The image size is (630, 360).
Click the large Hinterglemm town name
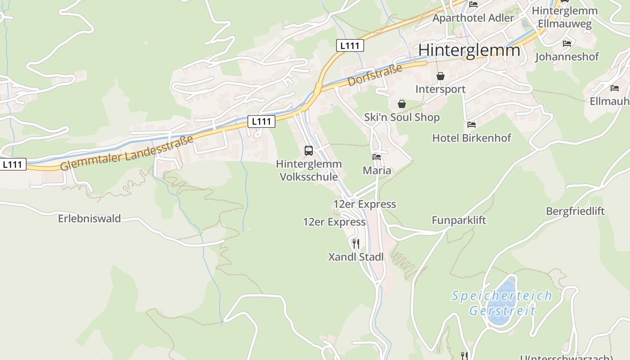[469, 50]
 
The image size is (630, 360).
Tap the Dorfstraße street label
[374, 75]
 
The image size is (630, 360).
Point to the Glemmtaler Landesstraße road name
[127, 153]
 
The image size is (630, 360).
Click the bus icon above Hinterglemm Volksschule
[308, 151]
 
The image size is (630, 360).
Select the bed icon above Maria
[377, 157]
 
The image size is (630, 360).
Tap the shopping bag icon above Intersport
[440, 76]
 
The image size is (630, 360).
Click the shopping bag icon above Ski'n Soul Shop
[401, 104]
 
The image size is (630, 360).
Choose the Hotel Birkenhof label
[472, 138]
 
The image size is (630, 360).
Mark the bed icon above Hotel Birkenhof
[471, 125]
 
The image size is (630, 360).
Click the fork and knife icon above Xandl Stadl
[355, 244]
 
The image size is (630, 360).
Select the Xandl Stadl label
[356, 257]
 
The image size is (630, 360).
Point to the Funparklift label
[459, 220]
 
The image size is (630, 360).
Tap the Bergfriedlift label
[575, 211]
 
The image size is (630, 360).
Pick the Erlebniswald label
[89, 219]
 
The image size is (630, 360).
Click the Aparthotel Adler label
[473, 18]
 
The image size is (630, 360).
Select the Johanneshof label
[567, 57]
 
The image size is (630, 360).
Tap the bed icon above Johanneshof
[567, 44]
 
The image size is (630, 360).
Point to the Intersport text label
[440, 89]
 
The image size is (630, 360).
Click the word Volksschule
[309, 177]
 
